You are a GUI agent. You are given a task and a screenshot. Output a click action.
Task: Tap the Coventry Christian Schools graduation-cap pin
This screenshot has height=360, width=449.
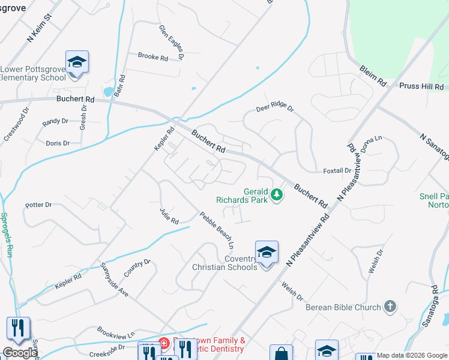pos(267,251)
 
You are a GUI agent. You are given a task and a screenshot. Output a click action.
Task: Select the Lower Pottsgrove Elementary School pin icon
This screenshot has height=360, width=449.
pos(77,62)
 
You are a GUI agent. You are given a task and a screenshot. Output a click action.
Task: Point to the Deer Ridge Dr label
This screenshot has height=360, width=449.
pos(275,108)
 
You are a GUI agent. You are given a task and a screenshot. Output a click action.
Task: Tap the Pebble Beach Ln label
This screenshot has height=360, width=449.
pos(216,230)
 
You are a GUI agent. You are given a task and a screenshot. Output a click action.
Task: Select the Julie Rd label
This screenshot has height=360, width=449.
pos(169,216)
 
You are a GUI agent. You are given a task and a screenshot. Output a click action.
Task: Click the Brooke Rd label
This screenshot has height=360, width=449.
pos(152,57)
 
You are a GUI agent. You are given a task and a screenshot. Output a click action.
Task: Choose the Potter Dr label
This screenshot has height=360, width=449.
pos(39,205)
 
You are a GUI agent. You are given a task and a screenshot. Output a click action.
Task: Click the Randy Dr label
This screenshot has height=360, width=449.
pos(55,122)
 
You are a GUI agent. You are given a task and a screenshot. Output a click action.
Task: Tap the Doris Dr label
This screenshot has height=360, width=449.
pos(58,143)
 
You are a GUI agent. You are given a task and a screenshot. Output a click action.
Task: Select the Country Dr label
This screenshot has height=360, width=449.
pos(137,267)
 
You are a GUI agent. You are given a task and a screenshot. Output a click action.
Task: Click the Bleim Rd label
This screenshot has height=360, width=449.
pos(373,76)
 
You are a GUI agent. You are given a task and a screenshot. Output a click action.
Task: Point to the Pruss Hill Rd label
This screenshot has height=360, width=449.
pos(423,86)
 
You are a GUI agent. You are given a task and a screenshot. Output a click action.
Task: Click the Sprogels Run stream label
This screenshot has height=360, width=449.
pos(7,235)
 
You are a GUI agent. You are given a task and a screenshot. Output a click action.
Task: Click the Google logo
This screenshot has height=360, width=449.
pos(20,353)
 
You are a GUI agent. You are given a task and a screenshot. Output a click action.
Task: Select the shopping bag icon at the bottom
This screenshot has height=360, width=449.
pos(281,353)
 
